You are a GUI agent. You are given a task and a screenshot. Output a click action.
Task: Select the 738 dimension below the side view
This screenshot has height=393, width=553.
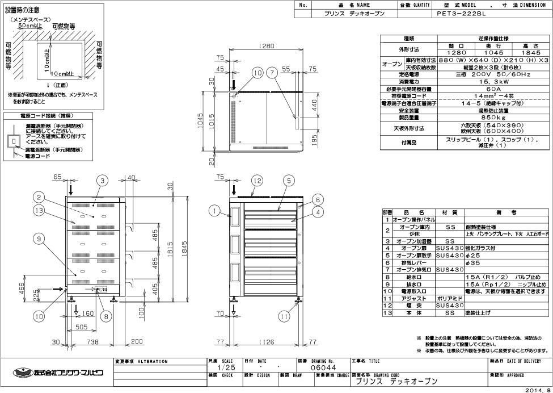coord(93,342)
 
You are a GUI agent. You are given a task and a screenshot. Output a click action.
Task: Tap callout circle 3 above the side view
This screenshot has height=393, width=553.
coord(102,181)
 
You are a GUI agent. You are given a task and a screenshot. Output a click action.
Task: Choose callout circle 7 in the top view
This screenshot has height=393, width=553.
coord(273,73)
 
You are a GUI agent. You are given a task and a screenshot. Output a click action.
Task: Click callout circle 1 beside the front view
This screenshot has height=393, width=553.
coord(213,211)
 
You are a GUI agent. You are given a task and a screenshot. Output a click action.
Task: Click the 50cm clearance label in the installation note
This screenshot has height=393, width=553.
coord(28,26)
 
